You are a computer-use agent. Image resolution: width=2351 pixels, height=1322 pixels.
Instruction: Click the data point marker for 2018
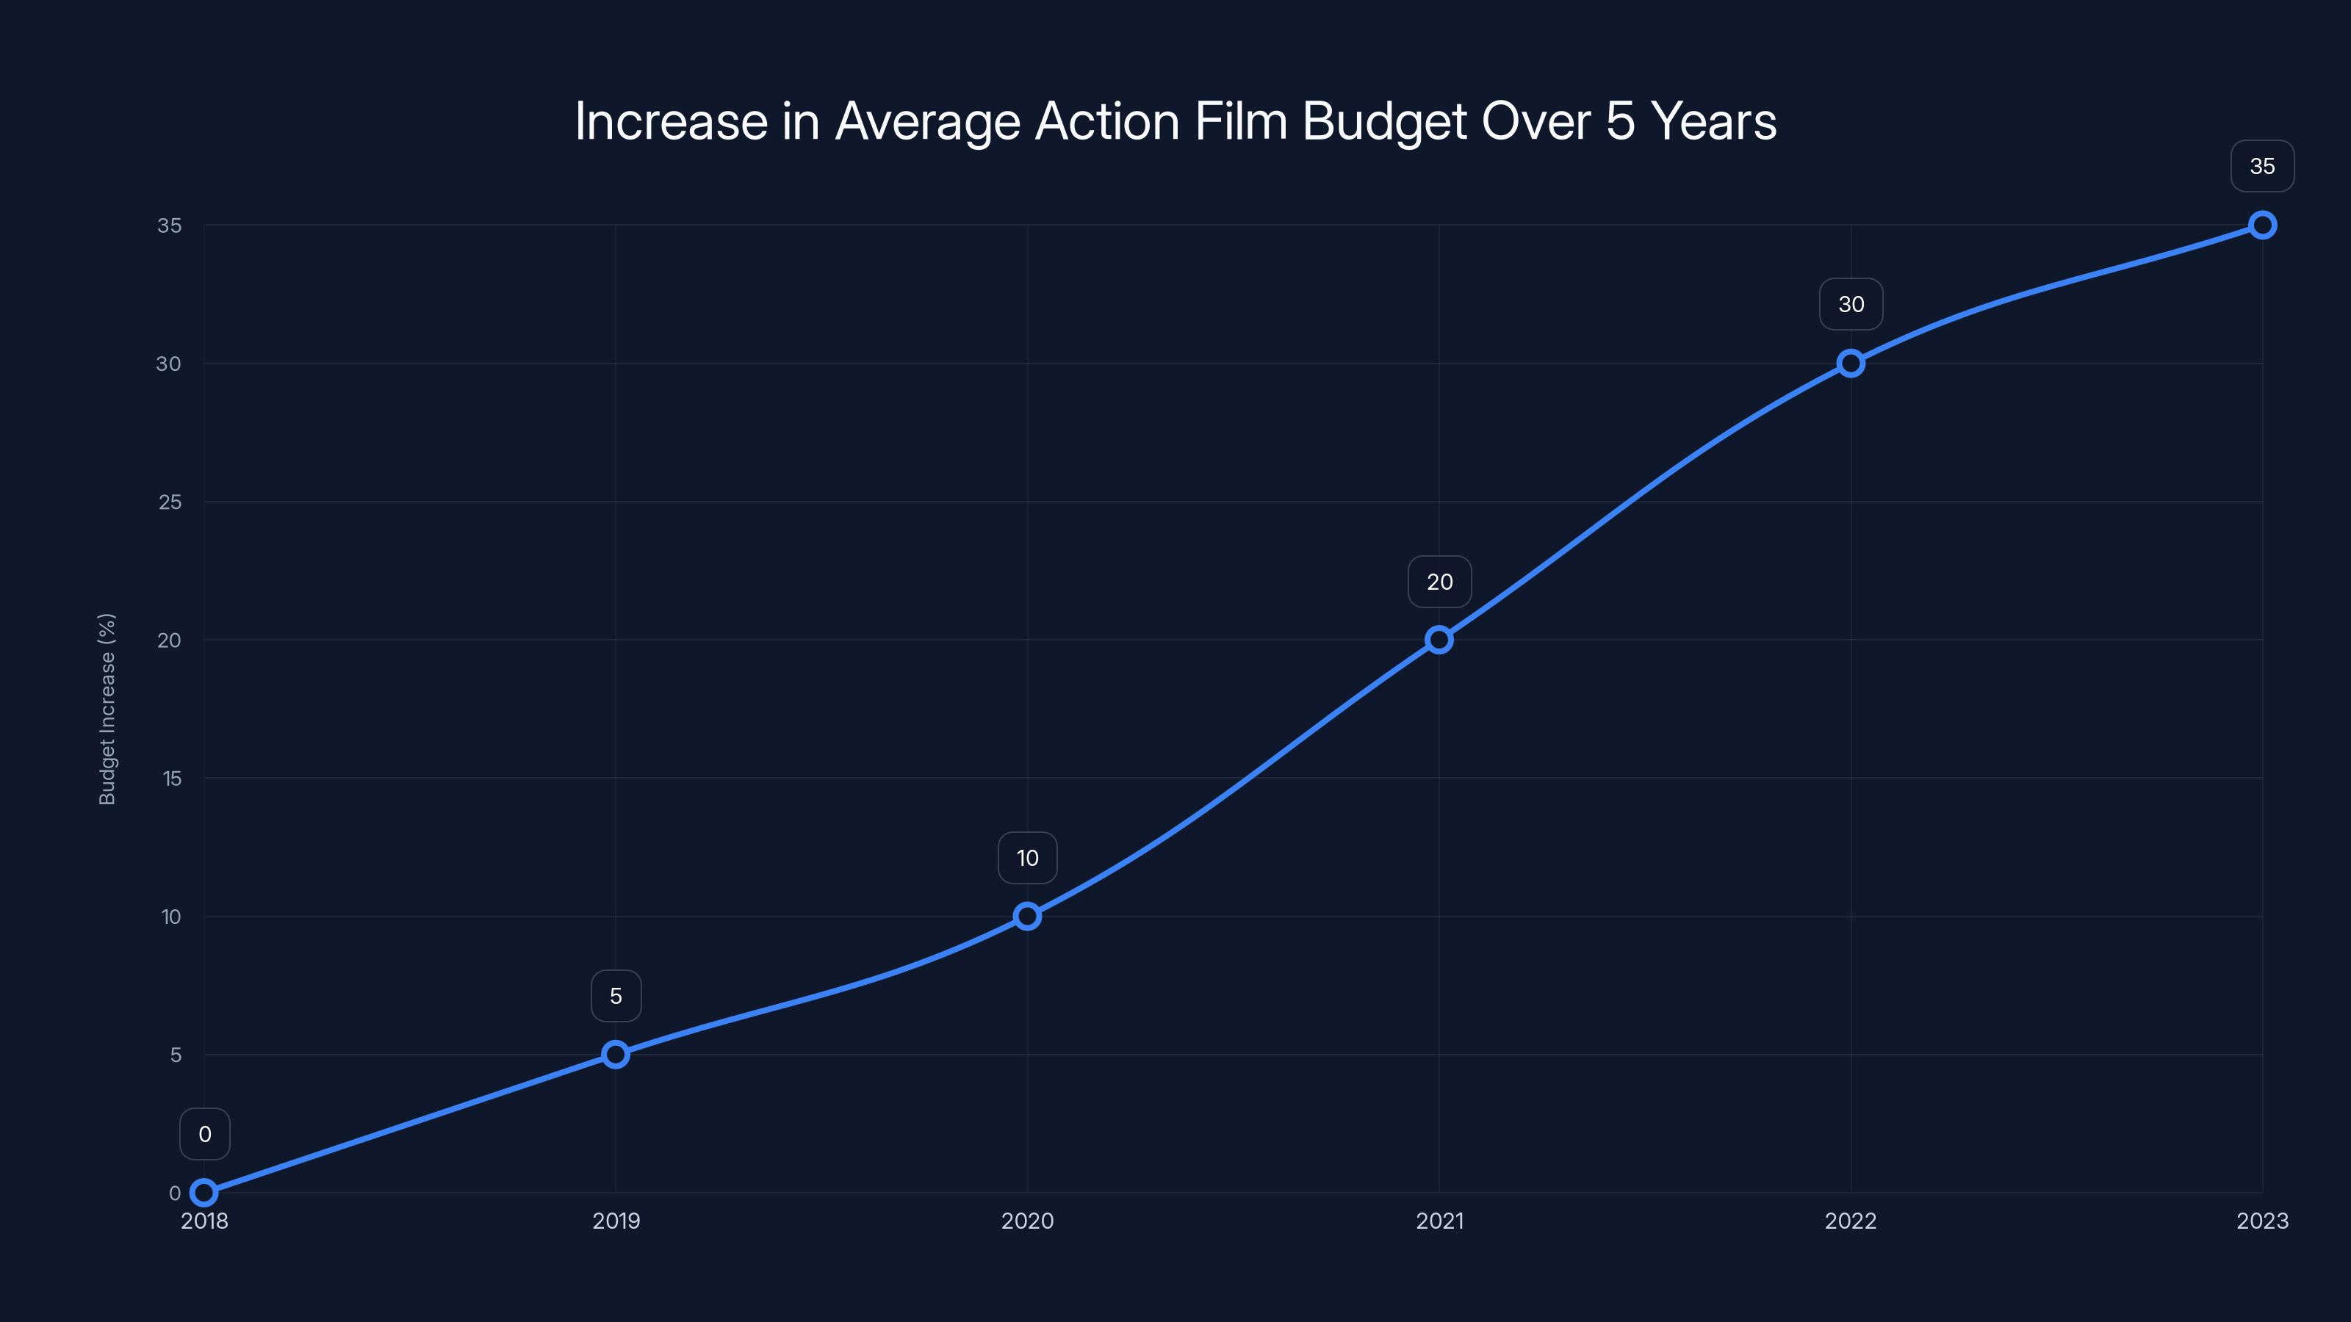(204, 1193)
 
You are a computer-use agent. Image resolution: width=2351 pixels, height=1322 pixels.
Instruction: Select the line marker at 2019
(616, 1055)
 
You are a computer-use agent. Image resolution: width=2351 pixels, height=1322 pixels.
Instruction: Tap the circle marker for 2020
(1028, 916)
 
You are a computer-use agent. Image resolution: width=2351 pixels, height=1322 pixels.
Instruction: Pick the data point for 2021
(1439, 640)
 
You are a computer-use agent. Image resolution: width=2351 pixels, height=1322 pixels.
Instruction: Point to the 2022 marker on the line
(1851, 363)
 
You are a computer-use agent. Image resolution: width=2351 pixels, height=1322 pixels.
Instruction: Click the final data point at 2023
(2263, 225)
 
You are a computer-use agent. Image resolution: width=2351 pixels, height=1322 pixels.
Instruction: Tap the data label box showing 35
(2263, 166)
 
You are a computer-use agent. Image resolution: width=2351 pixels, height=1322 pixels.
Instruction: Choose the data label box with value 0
(204, 1134)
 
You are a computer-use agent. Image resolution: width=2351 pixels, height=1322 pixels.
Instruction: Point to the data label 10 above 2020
(1028, 858)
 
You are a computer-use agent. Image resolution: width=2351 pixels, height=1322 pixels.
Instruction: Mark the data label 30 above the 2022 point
(1851, 305)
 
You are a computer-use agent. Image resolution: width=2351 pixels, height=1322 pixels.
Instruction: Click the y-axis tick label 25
(170, 502)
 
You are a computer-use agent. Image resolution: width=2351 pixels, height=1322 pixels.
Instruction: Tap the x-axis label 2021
(1439, 1221)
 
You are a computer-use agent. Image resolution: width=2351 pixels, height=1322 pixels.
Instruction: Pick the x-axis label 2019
(616, 1221)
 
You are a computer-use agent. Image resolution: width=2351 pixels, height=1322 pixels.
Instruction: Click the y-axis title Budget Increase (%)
(107, 709)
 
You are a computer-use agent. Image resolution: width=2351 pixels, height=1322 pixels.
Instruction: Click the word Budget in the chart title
(1383, 121)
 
